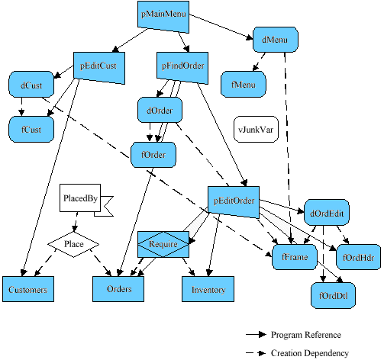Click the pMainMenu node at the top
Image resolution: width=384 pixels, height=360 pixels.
(163, 15)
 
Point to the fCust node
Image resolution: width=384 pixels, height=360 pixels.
(31, 130)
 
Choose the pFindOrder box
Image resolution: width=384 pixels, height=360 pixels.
(183, 66)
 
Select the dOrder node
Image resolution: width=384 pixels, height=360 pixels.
(160, 111)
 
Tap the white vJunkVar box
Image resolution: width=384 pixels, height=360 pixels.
(257, 129)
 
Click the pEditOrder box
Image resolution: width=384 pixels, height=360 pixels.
(233, 201)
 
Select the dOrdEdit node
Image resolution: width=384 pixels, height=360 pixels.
(328, 214)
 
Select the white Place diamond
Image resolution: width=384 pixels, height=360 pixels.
(74, 244)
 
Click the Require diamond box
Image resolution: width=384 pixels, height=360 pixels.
(163, 245)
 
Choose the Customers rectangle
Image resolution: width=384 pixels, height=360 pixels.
(28, 290)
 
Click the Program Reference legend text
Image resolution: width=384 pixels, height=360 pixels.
(305, 335)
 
